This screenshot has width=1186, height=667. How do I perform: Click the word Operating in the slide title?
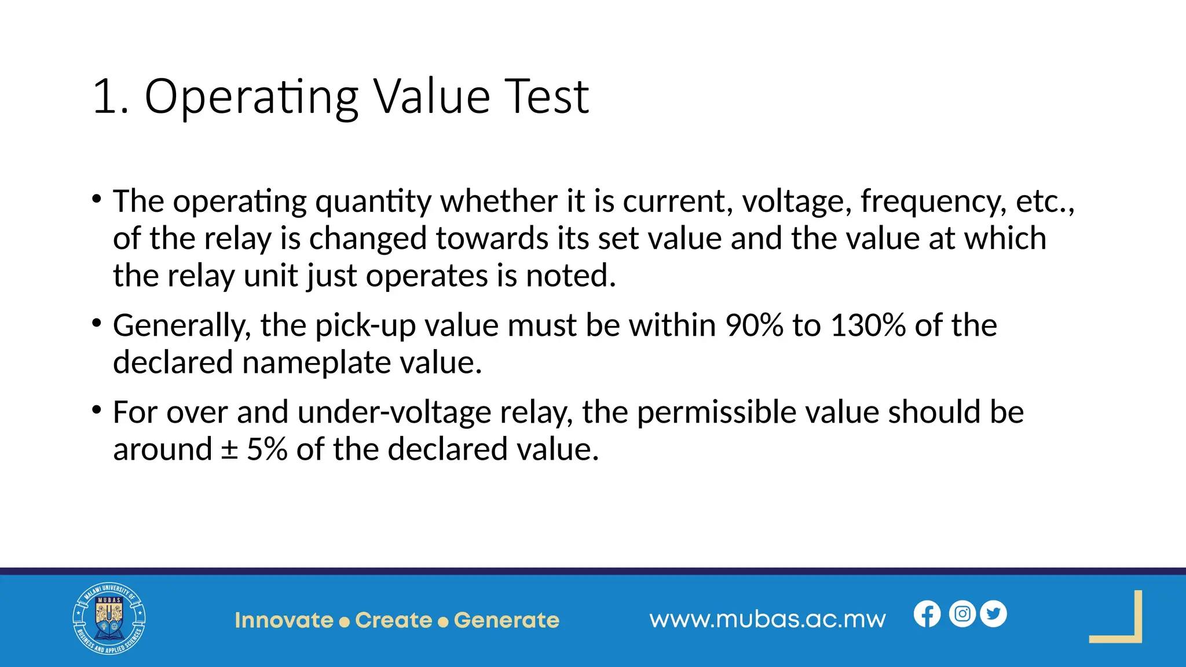(251, 97)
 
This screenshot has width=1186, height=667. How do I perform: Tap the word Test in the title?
(547, 96)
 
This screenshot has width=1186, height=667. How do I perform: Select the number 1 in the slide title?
(104, 97)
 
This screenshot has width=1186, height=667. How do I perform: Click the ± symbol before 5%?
(229, 450)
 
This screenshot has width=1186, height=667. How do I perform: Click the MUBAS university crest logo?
(109, 618)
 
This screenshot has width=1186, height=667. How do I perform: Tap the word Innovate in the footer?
(284, 620)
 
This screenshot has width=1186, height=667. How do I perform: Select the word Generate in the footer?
(507, 620)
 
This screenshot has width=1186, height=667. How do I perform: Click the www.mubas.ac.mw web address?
(767, 620)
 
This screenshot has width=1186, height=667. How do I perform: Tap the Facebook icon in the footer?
(927, 614)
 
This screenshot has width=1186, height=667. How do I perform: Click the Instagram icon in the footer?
(962, 614)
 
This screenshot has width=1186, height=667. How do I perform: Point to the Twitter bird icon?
(994, 614)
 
